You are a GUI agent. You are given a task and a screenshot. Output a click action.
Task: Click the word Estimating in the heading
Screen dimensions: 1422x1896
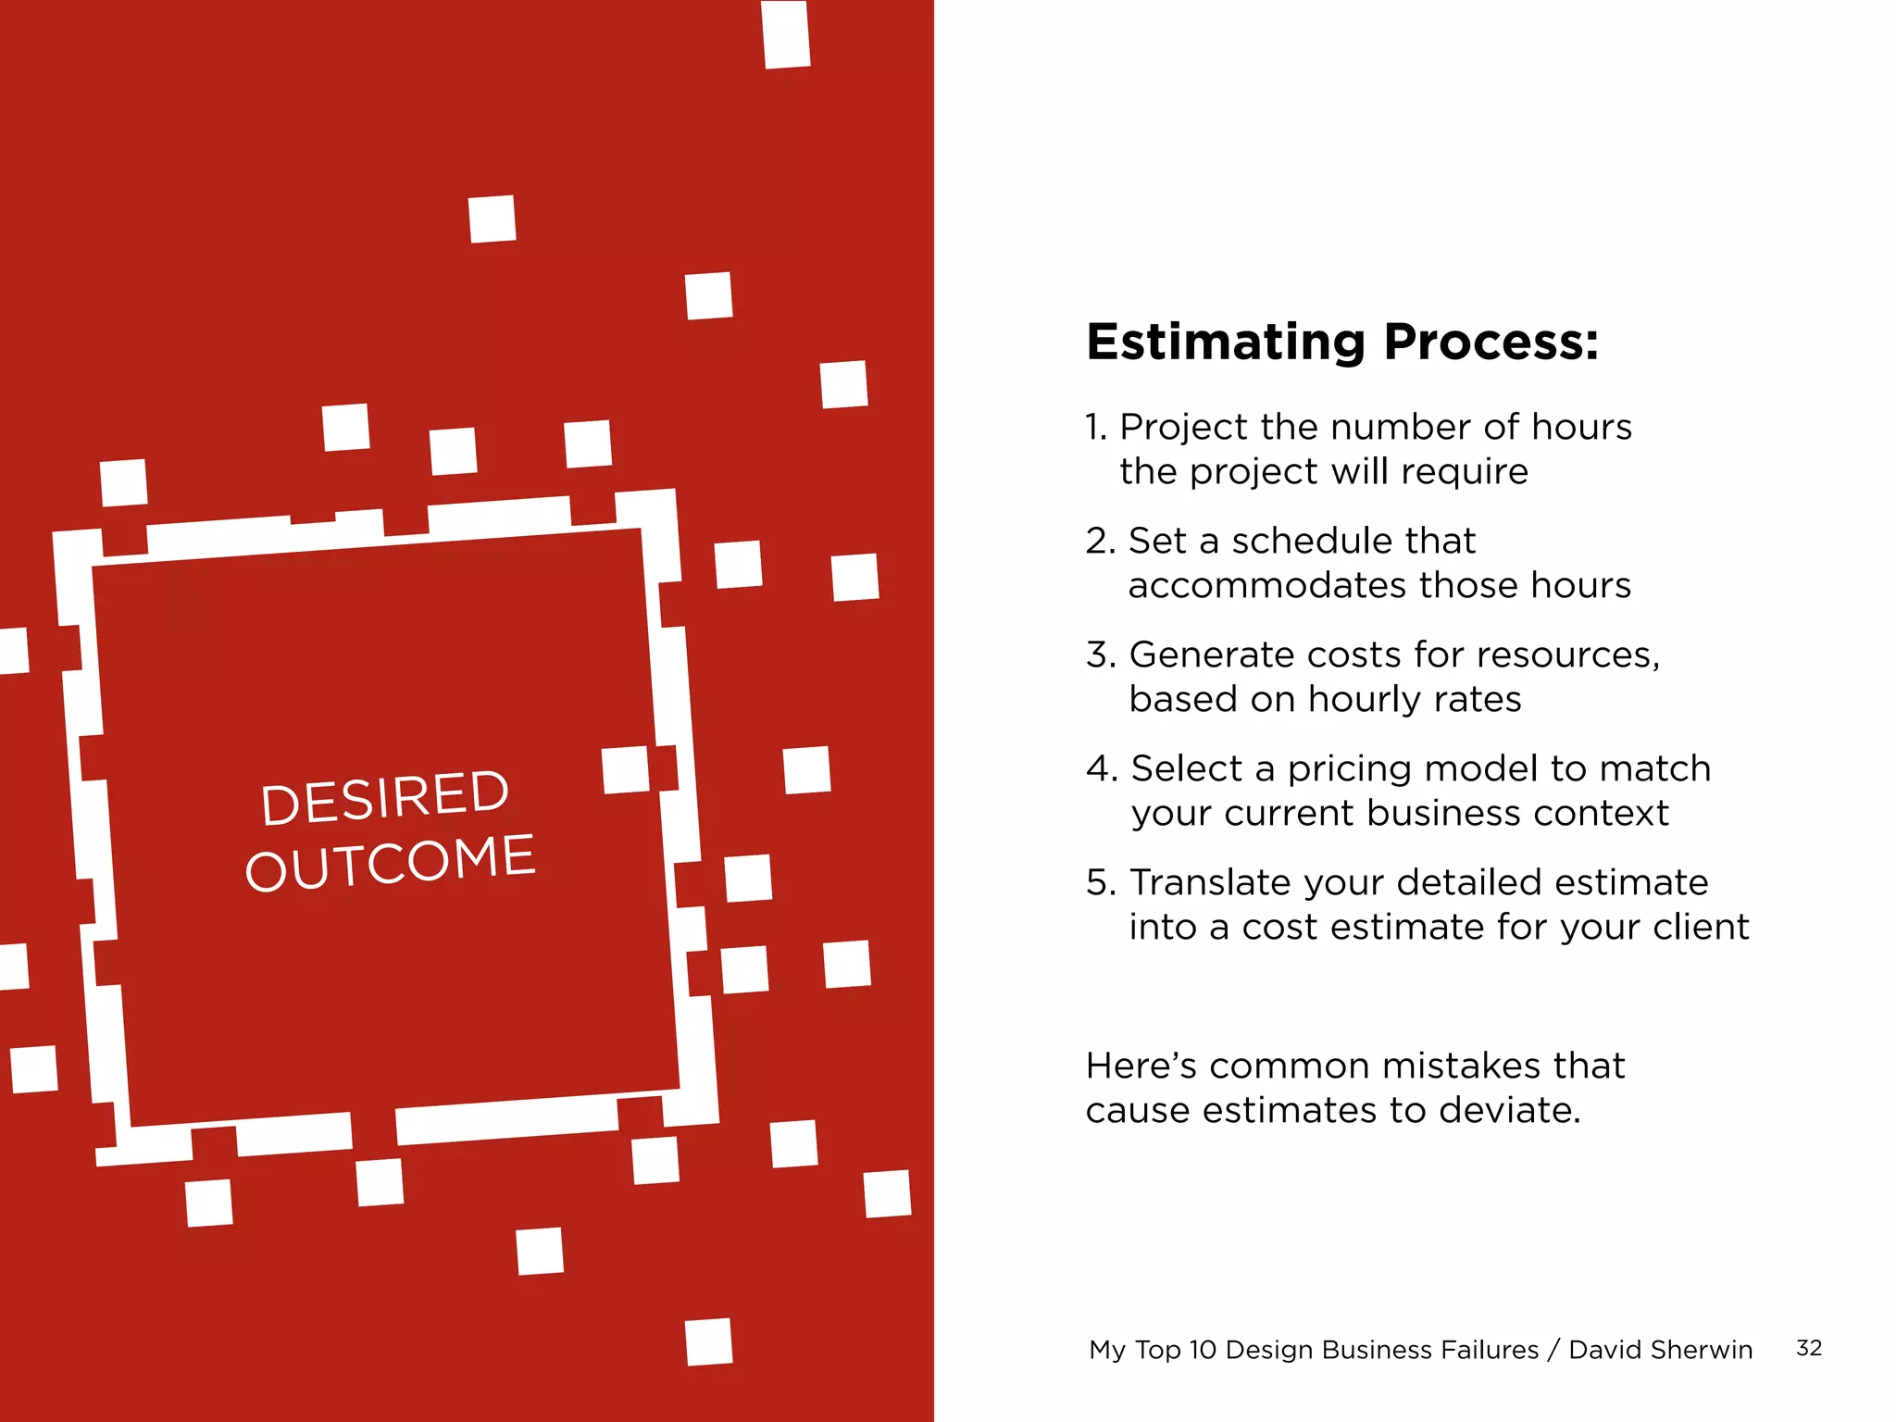(1225, 343)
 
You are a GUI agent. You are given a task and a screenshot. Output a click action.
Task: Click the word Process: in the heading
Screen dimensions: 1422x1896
(1491, 343)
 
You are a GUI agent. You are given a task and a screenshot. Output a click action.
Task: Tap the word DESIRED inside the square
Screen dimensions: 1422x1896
(384, 797)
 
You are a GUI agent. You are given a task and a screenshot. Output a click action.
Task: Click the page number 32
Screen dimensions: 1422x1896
(1808, 1348)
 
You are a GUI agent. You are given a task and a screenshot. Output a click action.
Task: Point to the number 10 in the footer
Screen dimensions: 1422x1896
(1202, 1350)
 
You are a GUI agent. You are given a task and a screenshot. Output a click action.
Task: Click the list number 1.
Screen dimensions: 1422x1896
(1095, 428)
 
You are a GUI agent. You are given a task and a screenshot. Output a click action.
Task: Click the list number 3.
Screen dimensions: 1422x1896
(1100, 655)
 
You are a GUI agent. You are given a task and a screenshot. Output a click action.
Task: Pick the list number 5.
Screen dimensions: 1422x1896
(1100, 883)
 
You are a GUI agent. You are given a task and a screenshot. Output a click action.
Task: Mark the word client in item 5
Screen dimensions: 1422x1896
(1700, 928)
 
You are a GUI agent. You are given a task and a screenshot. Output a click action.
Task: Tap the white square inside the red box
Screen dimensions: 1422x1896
(625, 770)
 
